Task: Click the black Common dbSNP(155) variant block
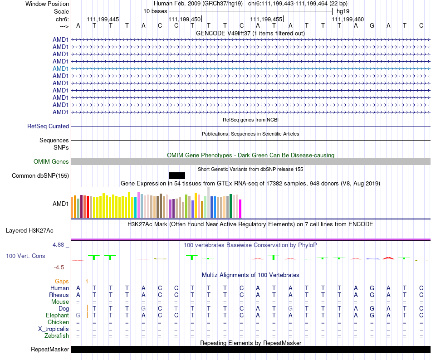(176, 175)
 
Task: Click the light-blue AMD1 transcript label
(61, 68)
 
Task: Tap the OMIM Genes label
(51, 162)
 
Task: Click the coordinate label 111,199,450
(185, 19)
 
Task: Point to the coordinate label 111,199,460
(348, 19)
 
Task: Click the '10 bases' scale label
(155, 11)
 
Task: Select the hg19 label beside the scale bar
(343, 11)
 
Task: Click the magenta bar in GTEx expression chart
(240, 209)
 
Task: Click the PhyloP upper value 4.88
(60, 245)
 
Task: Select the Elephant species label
(57, 316)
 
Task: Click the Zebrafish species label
(57, 336)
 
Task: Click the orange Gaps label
(62, 282)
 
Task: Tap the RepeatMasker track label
(50, 350)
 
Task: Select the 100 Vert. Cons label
(25, 256)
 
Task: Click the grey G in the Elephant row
(78, 316)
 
